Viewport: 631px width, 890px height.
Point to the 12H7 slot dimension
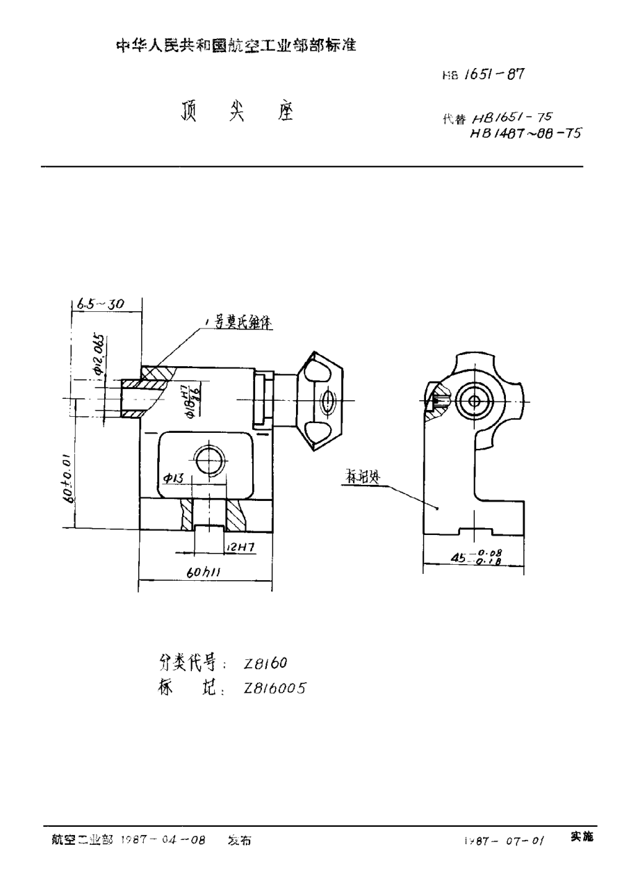(240, 547)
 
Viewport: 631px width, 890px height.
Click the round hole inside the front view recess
(208, 460)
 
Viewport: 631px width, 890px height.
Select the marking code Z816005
(274, 687)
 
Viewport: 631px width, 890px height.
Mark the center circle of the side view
(475, 401)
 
